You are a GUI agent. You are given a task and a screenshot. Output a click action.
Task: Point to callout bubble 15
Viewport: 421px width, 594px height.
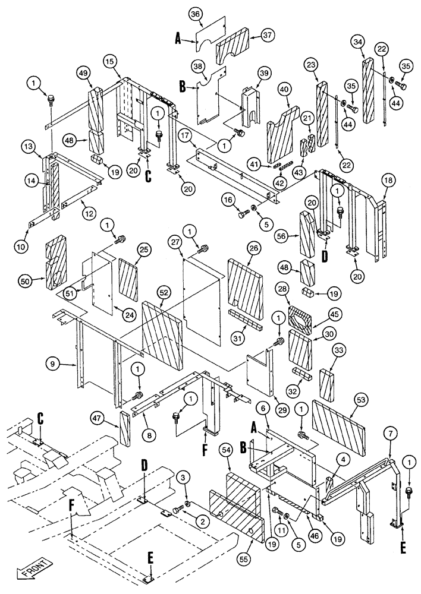pyautogui.click(x=109, y=62)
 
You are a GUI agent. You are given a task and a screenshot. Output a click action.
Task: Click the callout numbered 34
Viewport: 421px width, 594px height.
pyautogui.click(x=357, y=42)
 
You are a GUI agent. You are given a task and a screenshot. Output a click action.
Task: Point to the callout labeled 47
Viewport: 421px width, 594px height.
pyautogui.click(x=98, y=419)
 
